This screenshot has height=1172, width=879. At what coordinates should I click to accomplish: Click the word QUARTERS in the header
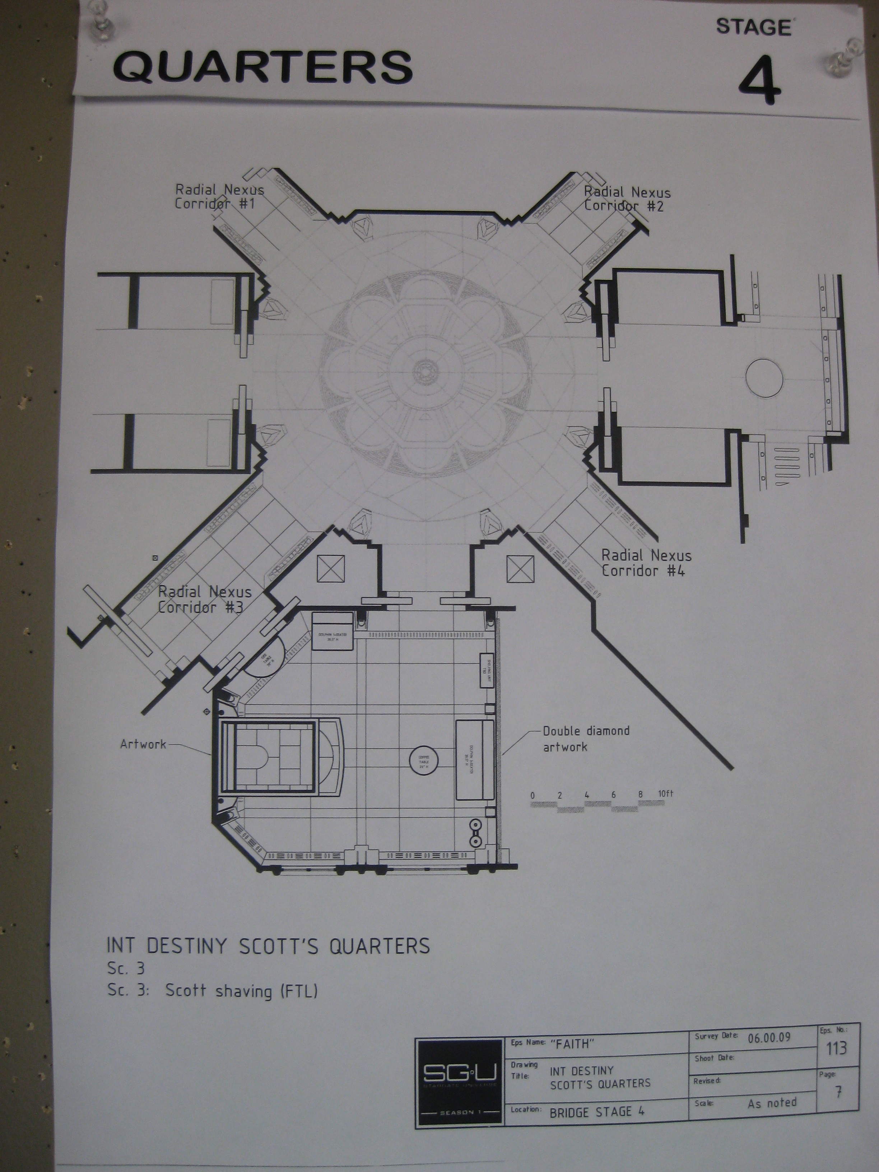263,67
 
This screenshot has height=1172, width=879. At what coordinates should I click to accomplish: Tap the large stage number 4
759,81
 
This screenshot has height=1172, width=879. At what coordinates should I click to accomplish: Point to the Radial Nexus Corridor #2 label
627,199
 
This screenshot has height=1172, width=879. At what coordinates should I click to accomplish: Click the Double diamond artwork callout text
586,739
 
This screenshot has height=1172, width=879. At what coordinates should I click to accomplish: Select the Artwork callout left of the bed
143,744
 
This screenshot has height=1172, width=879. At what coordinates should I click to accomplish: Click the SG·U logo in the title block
459,1074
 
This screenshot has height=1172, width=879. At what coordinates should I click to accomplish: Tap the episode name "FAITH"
572,1044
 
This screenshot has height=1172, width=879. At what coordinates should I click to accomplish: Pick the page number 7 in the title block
838,1092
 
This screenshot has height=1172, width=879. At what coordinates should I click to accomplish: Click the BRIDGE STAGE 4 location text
597,1112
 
